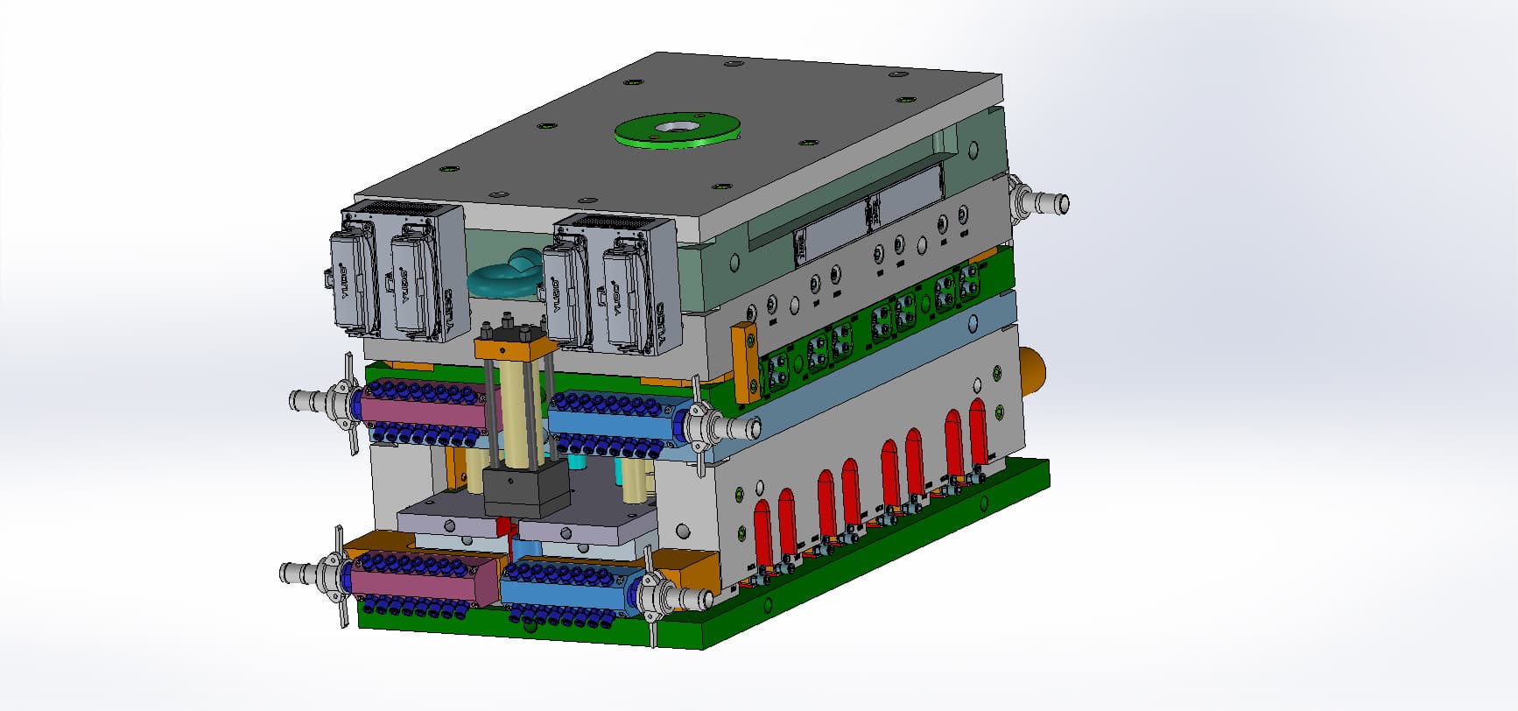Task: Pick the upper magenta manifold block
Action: [x=420, y=408]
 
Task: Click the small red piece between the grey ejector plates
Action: [x=502, y=527]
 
